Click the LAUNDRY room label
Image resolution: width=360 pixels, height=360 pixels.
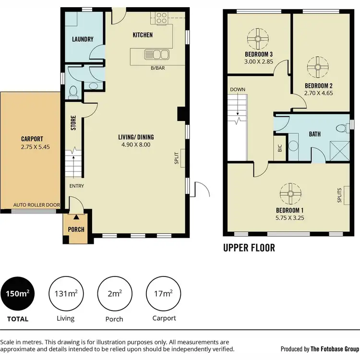83,39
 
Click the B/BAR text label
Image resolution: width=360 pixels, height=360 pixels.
157,68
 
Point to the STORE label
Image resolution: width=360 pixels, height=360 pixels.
73,123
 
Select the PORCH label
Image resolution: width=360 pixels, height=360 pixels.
76,229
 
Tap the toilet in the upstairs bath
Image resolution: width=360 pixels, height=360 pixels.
340,128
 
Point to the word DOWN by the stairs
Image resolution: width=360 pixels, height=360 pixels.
237,90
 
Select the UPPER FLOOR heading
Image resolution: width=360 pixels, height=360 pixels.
249,248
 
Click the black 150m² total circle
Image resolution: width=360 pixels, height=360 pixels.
18,294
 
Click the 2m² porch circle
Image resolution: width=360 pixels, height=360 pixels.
114,294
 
